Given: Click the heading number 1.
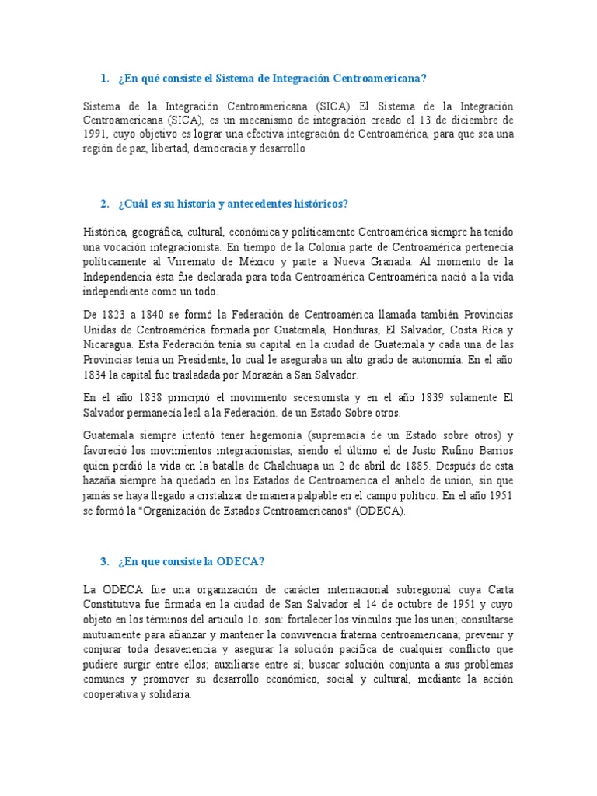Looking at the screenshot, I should [x=104, y=79].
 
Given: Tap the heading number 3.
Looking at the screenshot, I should [x=104, y=561].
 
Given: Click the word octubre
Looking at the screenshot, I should [x=424, y=603].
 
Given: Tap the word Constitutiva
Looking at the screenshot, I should [x=114, y=603].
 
